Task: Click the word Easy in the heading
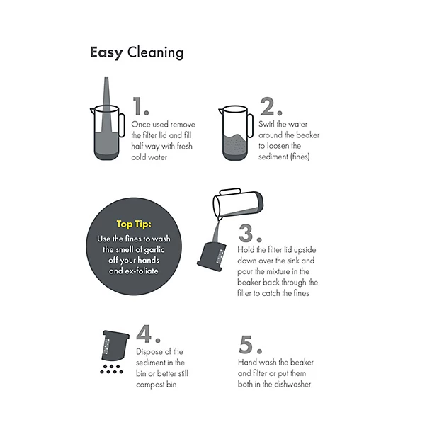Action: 107,52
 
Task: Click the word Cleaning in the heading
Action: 155,52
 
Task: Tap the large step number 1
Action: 140,106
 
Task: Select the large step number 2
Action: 271,106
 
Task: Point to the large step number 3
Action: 250,234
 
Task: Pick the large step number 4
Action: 148,334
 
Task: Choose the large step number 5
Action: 250,344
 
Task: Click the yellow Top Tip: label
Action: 134,224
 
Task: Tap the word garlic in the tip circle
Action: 154,250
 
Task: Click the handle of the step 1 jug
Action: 121,125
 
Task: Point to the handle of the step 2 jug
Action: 250,125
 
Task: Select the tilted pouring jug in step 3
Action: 238,203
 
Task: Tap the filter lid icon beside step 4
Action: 115,346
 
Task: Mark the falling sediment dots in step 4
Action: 112,369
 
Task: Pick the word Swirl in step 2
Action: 266,124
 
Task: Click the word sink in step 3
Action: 293,261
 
